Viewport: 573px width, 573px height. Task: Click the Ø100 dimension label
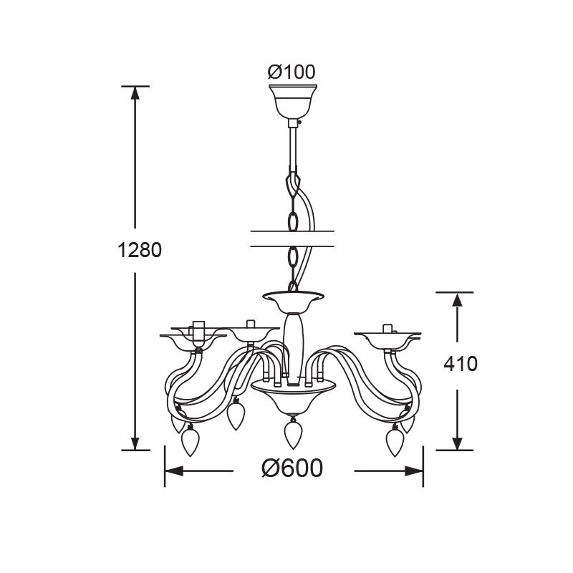292,72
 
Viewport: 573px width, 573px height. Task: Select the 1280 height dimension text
140,250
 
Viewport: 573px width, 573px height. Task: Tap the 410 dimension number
461,364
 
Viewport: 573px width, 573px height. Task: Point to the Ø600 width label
292,468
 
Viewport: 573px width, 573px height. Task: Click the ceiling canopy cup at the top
293,101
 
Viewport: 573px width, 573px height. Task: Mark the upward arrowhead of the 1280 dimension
135,94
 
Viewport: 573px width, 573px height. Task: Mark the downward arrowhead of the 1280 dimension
135,443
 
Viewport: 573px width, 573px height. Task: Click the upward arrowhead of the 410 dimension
457,299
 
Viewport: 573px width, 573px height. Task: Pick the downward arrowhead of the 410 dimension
457,443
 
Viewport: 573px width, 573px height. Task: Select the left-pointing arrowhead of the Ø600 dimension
173,471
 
